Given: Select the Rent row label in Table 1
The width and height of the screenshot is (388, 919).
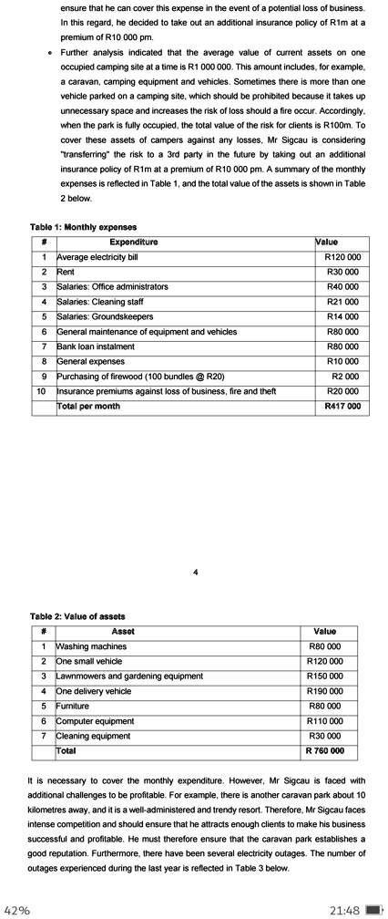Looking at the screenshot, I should [66, 272].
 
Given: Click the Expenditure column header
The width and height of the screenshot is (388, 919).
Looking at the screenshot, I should [133, 242].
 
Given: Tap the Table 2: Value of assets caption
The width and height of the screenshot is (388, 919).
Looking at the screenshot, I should [77, 616].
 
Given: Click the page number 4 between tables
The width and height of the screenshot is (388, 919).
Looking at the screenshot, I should [195, 573].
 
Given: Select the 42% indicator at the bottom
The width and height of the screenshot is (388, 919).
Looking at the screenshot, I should [17, 909].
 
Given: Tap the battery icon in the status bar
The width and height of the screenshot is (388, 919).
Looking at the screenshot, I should [372, 909].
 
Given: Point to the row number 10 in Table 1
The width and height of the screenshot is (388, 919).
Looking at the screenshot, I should [40, 391].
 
